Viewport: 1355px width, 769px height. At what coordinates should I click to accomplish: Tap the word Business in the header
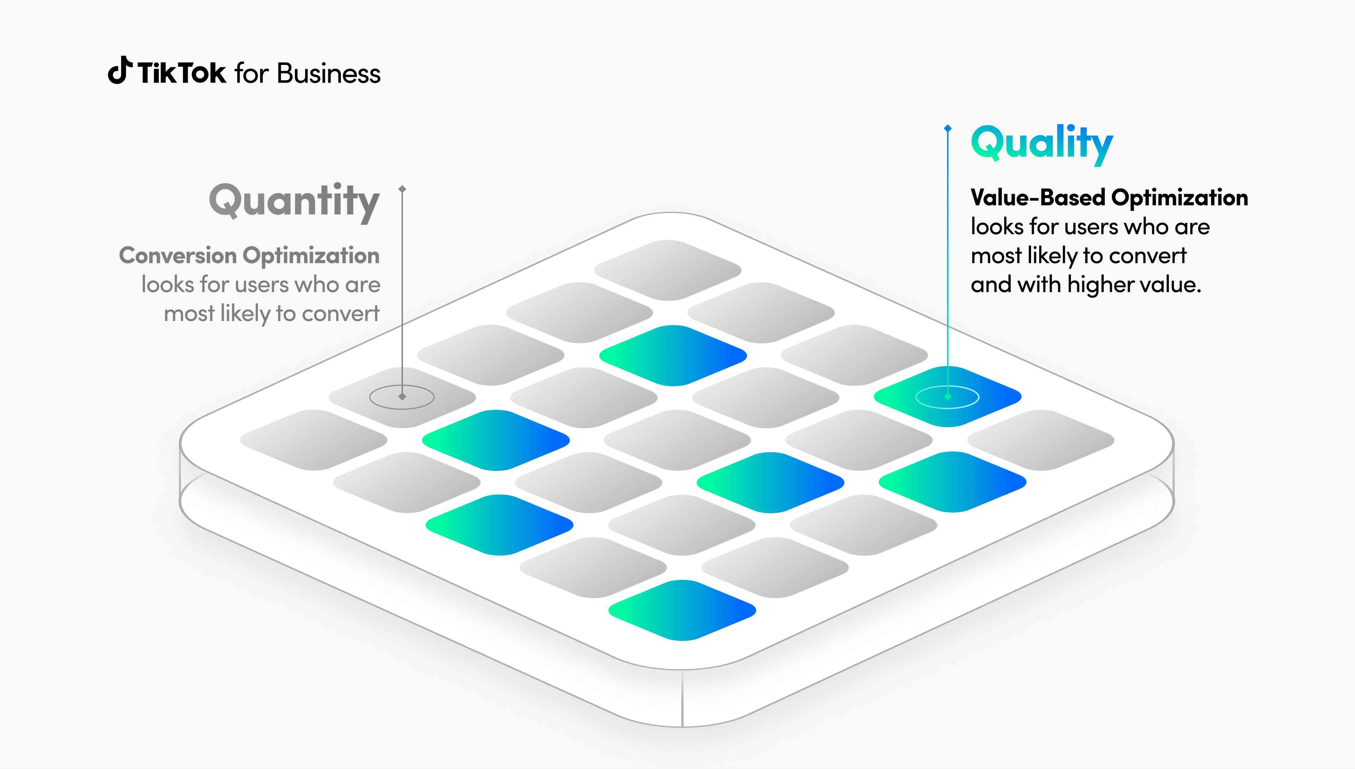[329, 73]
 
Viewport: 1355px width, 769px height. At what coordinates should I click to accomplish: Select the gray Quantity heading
[294, 202]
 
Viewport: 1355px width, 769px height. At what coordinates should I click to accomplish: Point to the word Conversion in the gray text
[178, 256]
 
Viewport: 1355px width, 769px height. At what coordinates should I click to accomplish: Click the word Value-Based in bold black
[1038, 198]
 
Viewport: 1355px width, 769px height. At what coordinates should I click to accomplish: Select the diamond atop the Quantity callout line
[402, 189]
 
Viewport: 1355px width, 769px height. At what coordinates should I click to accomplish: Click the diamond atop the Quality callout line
[948, 128]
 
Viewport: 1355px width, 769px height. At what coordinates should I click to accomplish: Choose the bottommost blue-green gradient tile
[682, 610]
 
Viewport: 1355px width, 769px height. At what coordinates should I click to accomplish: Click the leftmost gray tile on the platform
[314, 440]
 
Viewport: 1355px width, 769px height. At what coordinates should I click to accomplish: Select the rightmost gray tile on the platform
[1041, 440]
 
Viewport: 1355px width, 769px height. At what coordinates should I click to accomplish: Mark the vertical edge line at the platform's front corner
[682, 698]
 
